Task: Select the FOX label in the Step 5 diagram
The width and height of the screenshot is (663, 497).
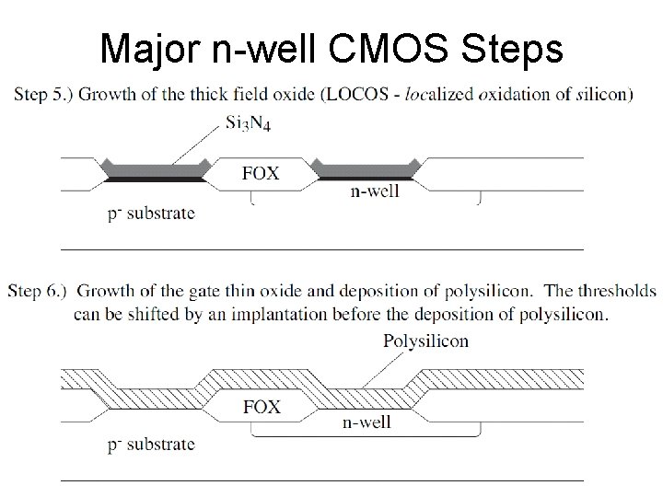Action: pyautogui.click(x=261, y=173)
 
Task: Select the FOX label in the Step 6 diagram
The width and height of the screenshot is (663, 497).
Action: pyautogui.click(x=261, y=406)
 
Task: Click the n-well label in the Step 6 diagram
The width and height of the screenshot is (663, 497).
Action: pyautogui.click(x=366, y=422)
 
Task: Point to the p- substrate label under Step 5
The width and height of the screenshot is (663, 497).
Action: pyautogui.click(x=151, y=214)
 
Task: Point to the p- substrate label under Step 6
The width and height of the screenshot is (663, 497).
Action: pyautogui.click(x=151, y=444)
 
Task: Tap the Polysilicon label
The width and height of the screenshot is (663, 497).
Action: pyautogui.click(x=425, y=341)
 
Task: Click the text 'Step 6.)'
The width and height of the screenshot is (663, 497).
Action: pyautogui.click(x=40, y=292)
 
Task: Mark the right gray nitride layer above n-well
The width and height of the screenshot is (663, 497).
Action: pyautogui.click(x=367, y=168)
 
